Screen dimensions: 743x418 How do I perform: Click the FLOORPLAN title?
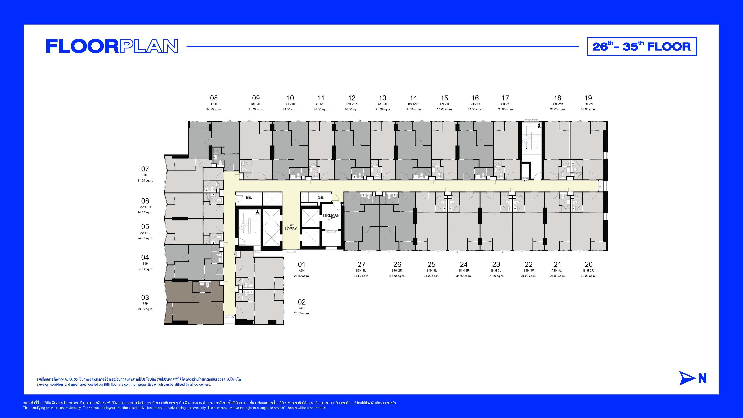[x=112, y=46]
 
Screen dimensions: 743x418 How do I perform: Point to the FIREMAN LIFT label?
[x=331, y=217]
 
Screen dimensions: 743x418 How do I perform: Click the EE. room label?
[x=249, y=198]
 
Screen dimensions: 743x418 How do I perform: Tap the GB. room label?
[x=321, y=198]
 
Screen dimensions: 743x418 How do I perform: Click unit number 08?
[x=214, y=98]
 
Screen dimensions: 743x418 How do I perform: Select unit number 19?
[x=588, y=98]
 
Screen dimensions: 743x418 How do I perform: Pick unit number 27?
[x=361, y=264]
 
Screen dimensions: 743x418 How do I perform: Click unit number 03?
[x=145, y=297]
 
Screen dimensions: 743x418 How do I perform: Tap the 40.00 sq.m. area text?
[x=145, y=309]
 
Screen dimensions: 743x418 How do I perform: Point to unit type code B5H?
[x=214, y=104]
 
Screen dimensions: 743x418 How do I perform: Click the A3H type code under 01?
[x=301, y=271]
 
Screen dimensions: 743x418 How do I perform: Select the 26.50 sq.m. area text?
[x=302, y=276]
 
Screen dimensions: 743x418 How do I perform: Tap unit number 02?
[x=302, y=302]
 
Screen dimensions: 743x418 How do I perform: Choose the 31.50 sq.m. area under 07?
[x=145, y=181]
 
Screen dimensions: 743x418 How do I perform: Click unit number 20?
[x=589, y=264]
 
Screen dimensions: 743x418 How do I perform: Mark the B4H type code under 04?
[x=145, y=264]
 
